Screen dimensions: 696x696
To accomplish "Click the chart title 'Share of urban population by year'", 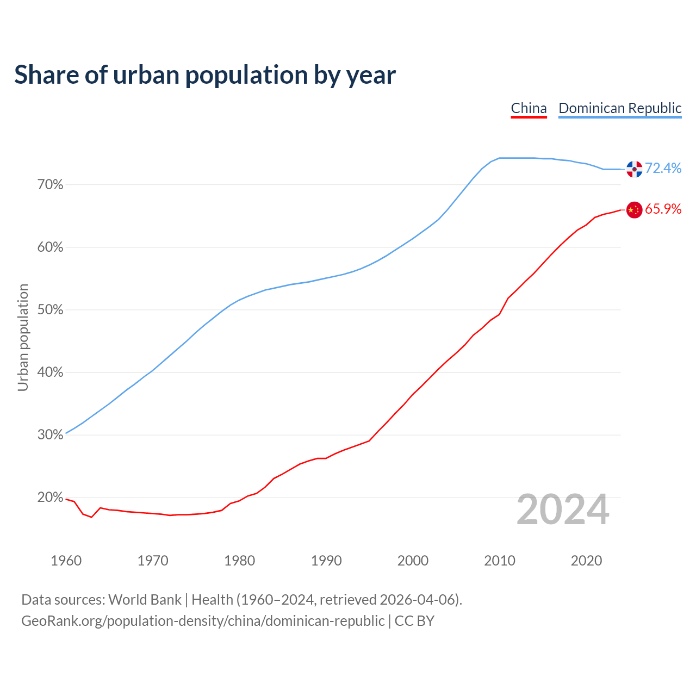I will [205, 74].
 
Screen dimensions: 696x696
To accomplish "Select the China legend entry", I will [529, 108].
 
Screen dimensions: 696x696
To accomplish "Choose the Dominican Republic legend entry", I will [620, 108].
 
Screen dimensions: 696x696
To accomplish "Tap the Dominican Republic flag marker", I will [634, 169].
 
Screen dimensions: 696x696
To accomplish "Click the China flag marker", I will [634, 210].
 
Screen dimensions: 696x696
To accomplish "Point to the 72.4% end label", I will [663, 169].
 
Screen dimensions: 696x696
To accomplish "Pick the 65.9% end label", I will [663, 209].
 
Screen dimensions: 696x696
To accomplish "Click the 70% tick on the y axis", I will [51, 185].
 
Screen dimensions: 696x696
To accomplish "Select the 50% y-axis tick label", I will [51, 310].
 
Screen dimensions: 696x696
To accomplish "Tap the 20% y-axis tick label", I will [51, 498].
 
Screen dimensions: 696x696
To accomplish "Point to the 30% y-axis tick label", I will [51, 435].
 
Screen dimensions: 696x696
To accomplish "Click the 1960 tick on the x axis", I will [66, 561].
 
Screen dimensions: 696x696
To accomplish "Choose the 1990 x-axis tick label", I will [326, 561].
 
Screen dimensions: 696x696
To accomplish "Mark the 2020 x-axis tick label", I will [586, 561].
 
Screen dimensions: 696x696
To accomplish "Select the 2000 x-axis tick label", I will [413, 561].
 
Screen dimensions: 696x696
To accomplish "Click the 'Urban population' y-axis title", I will [23, 337].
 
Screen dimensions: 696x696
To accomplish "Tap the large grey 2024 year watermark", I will [563, 509].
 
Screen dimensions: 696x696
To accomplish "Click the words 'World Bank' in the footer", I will [145, 600].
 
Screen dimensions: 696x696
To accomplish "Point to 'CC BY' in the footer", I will [414, 621].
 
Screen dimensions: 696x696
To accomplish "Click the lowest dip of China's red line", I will [91, 517].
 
